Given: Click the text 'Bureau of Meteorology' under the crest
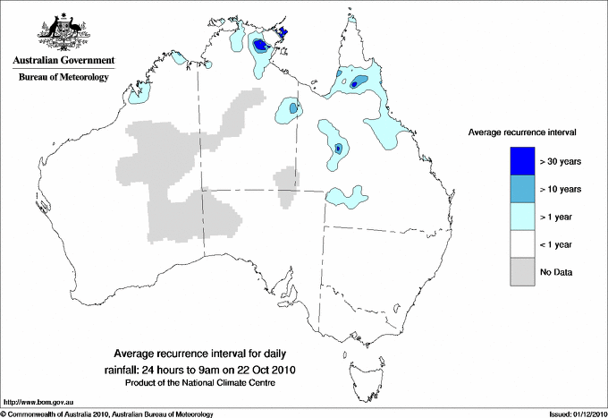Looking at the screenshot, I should pyautogui.click(x=63, y=77).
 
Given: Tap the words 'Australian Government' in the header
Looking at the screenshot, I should pyautogui.click(x=63, y=61).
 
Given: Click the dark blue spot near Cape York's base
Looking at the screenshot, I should pyautogui.click(x=355, y=83).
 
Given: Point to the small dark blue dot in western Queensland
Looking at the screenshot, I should pyautogui.click(x=338, y=147).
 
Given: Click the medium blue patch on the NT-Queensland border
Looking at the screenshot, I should pyautogui.click(x=293, y=108).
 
